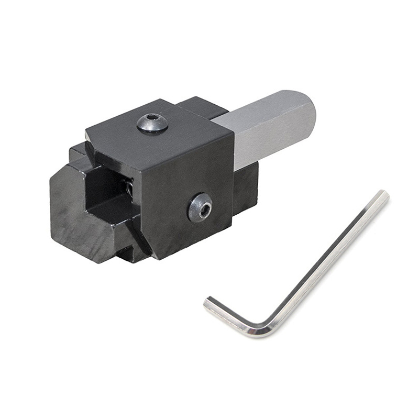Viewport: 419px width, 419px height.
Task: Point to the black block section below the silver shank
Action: pos(246,189)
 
